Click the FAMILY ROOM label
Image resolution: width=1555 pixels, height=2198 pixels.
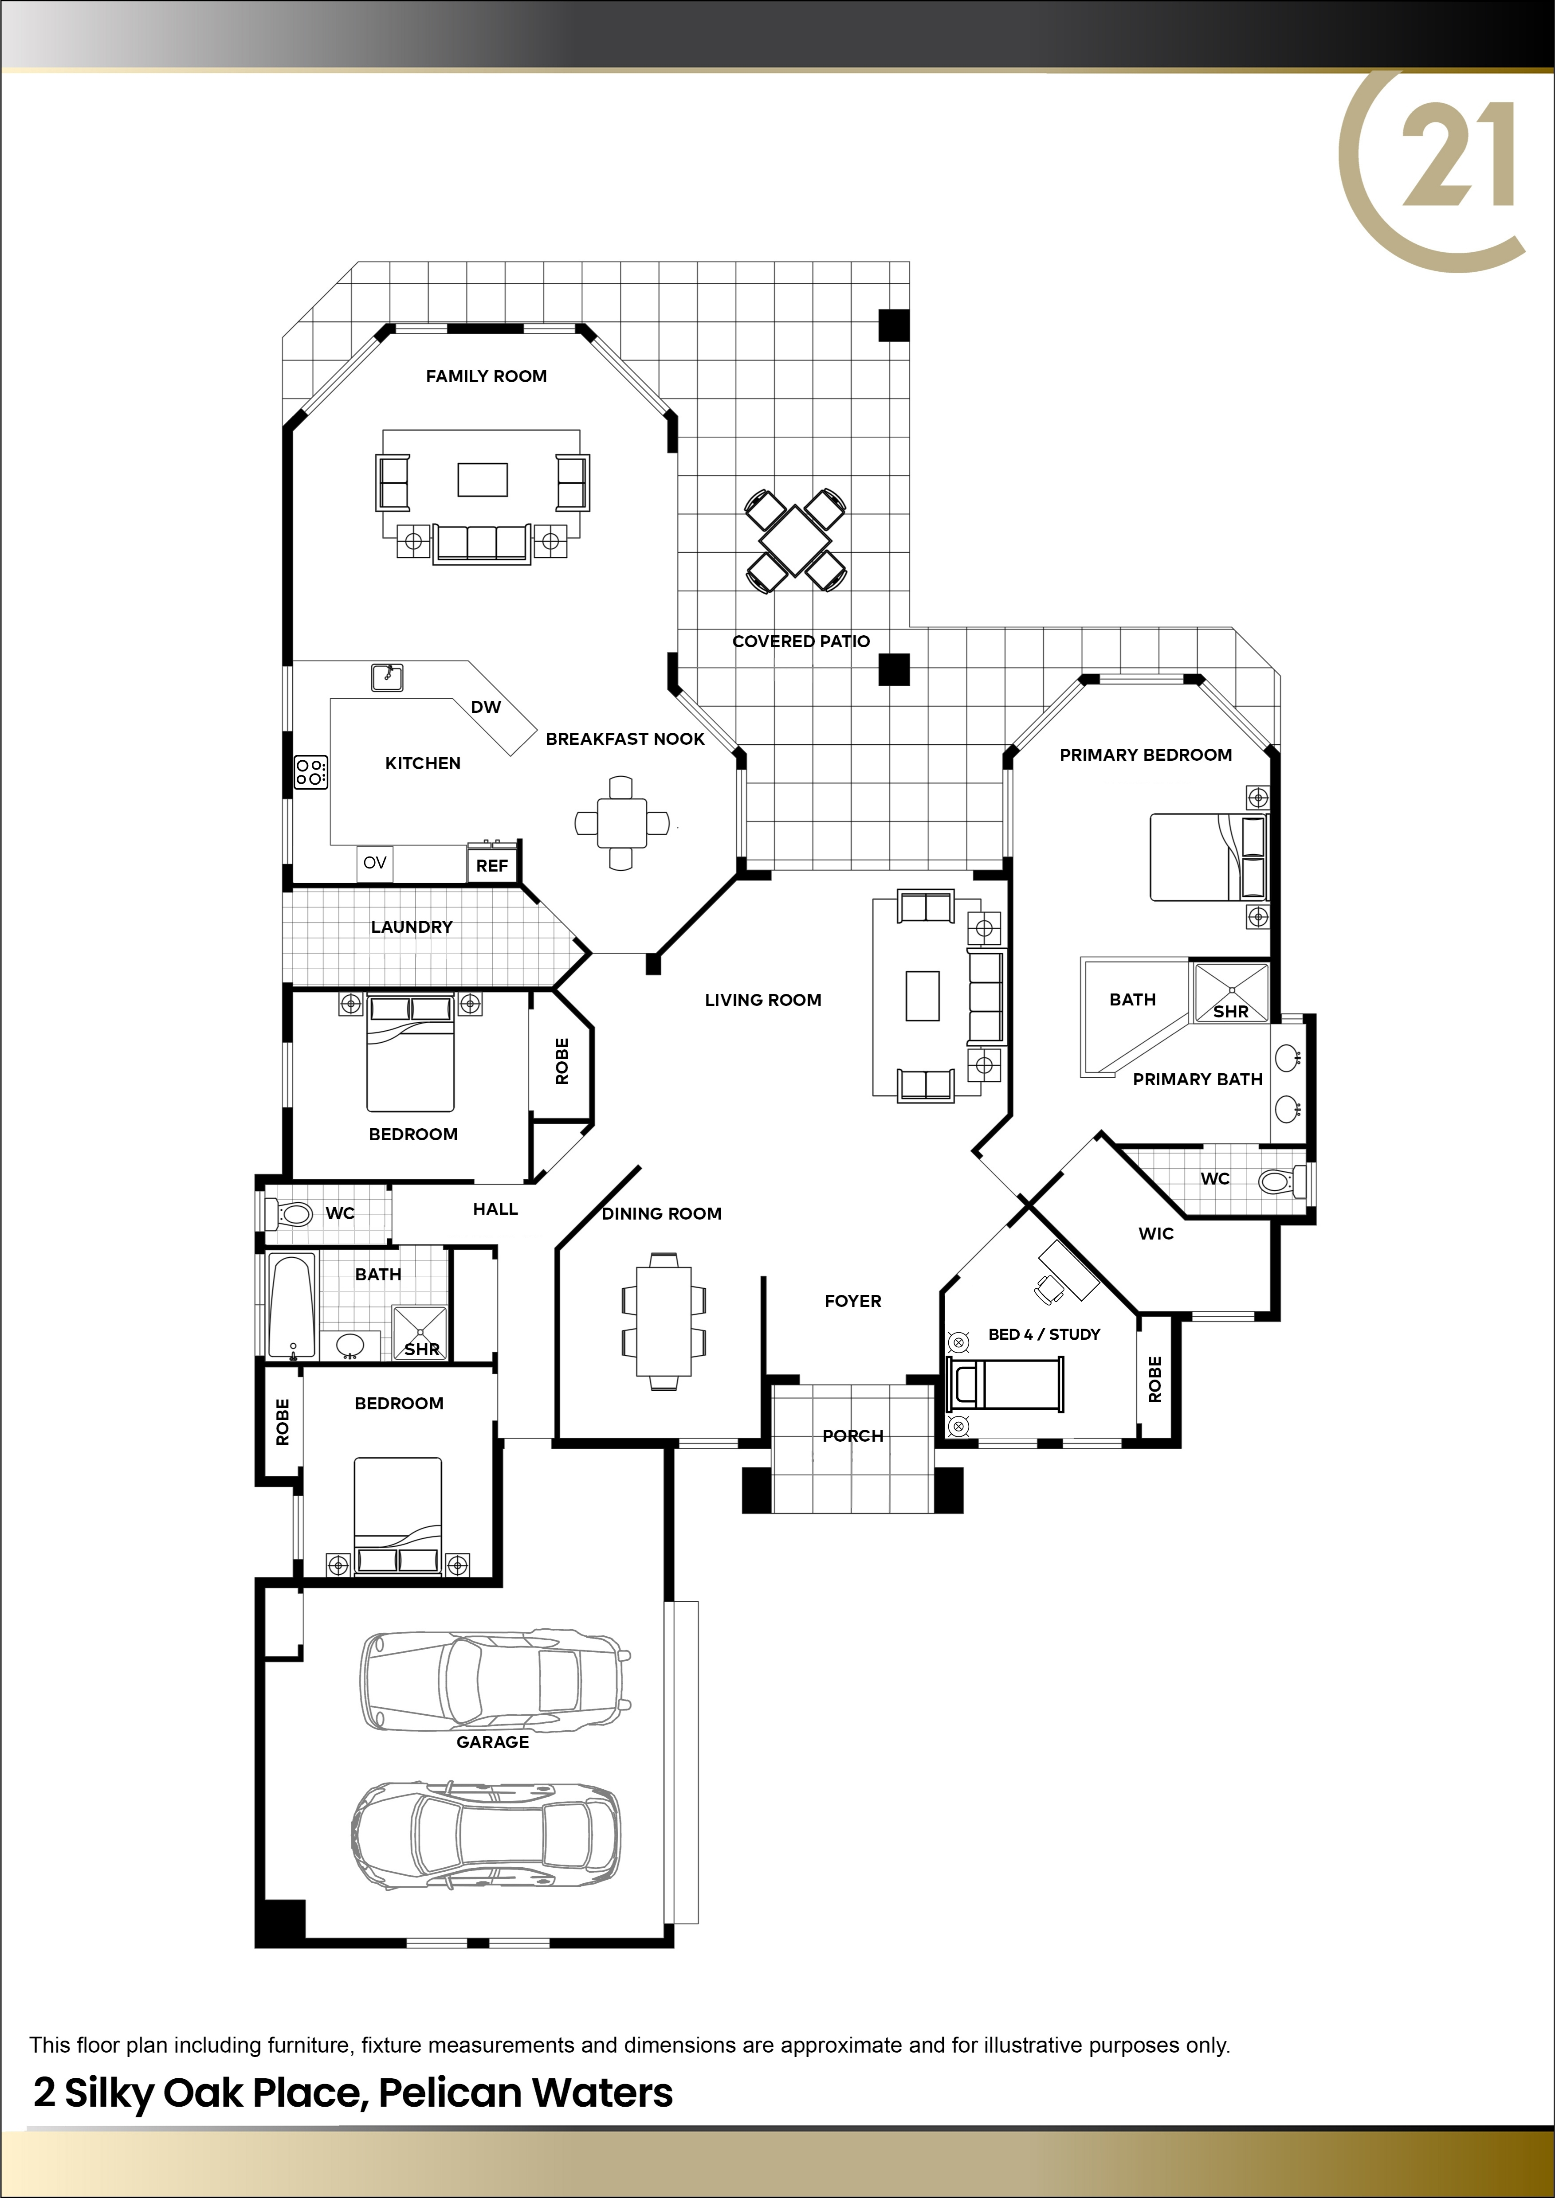coord(487,376)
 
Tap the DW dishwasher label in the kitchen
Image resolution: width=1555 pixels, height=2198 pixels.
coord(486,708)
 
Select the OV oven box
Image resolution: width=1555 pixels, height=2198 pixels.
coord(374,863)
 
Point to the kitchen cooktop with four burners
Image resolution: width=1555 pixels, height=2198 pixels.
coord(311,771)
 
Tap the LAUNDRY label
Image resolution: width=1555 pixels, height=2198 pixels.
coord(412,927)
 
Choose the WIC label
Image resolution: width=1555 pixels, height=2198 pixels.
coord(1156,1234)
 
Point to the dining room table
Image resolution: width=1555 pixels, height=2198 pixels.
coord(664,1321)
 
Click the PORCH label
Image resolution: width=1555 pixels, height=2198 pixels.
coord(852,1436)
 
